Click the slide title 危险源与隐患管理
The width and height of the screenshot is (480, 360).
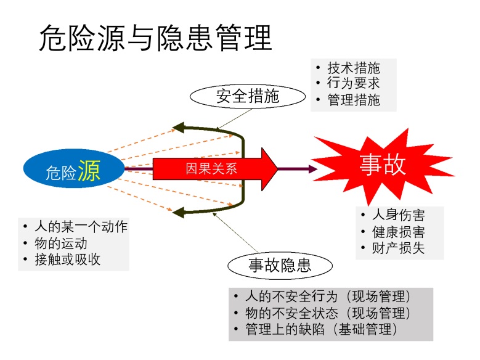coord(155,38)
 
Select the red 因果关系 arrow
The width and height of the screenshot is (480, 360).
coord(215,168)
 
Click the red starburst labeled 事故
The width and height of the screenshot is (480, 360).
coord(382,165)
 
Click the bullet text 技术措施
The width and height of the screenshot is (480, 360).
coord(353,68)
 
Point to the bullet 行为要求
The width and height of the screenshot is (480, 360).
coord(353,84)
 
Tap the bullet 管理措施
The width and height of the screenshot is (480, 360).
coord(353,100)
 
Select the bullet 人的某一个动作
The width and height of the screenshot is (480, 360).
coord(81,227)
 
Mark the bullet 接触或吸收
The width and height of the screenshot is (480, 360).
coord(67,260)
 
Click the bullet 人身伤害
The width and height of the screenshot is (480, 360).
coord(397,216)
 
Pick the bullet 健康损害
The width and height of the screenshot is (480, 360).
coord(397,232)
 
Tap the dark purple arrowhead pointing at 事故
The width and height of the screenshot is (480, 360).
coord(312,168)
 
